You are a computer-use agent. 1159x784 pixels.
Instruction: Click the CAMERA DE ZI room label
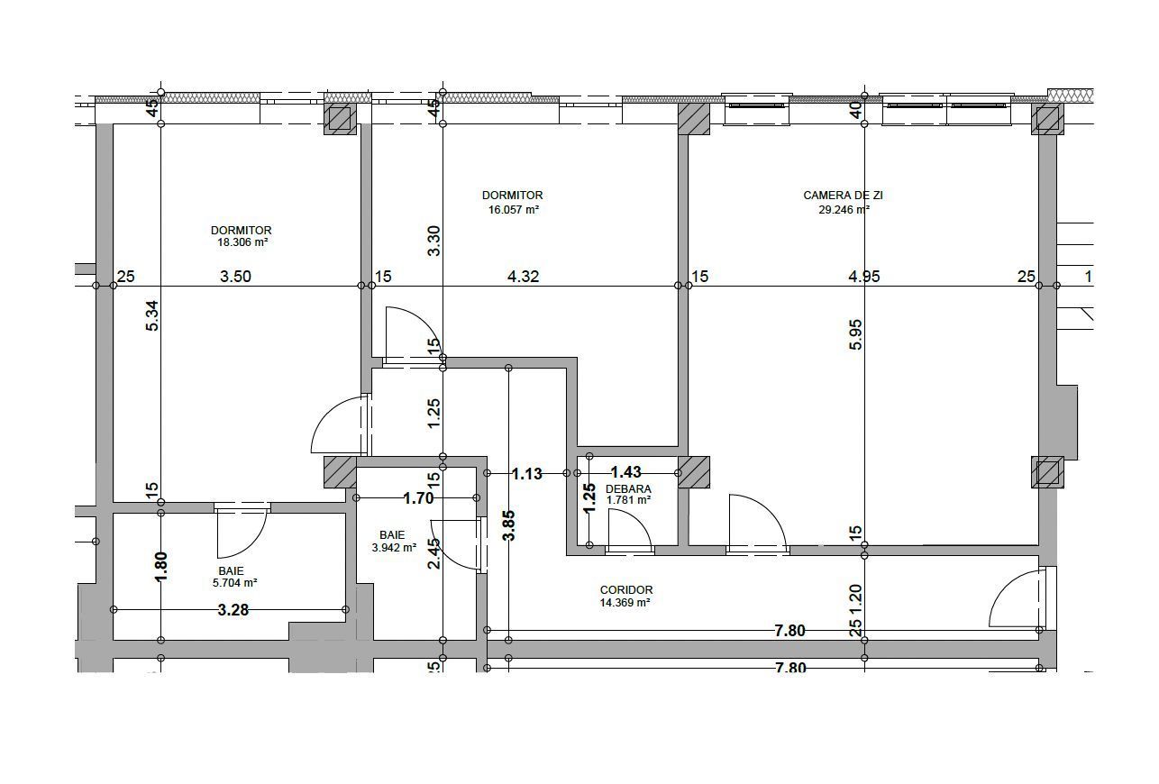(836, 196)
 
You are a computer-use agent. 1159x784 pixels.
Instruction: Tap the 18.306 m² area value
(241, 242)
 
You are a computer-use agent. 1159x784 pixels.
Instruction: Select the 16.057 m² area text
(513, 209)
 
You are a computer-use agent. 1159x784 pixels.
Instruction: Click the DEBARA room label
(628, 488)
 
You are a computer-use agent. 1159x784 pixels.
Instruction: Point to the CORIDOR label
(625, 590)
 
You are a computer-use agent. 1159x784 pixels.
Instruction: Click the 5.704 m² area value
(231, 583)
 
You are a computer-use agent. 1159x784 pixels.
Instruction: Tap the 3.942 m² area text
(393, 547)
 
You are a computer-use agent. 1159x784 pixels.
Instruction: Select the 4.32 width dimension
(523, 277)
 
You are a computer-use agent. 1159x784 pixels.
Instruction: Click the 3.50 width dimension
(235, 277)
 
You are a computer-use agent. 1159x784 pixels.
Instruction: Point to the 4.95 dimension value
(863, 277)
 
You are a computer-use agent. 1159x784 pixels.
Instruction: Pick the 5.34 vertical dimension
(153, 315)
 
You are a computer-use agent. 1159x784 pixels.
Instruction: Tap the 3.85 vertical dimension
(509, 524)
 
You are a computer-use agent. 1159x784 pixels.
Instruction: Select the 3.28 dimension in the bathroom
(233, 610)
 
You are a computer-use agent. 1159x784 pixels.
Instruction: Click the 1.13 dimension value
(526, 473)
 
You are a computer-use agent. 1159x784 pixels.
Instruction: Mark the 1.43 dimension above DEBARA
(625, 472)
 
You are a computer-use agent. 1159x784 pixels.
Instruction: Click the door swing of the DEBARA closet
(629, 529)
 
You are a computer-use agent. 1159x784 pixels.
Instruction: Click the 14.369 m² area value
(625, 603)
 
